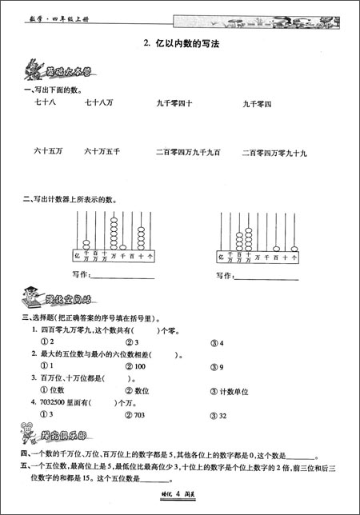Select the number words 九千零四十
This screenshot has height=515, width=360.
pyautogui.click(x=174, y=103)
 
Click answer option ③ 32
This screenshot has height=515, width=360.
pyautogui.click(x=218, y=417)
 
